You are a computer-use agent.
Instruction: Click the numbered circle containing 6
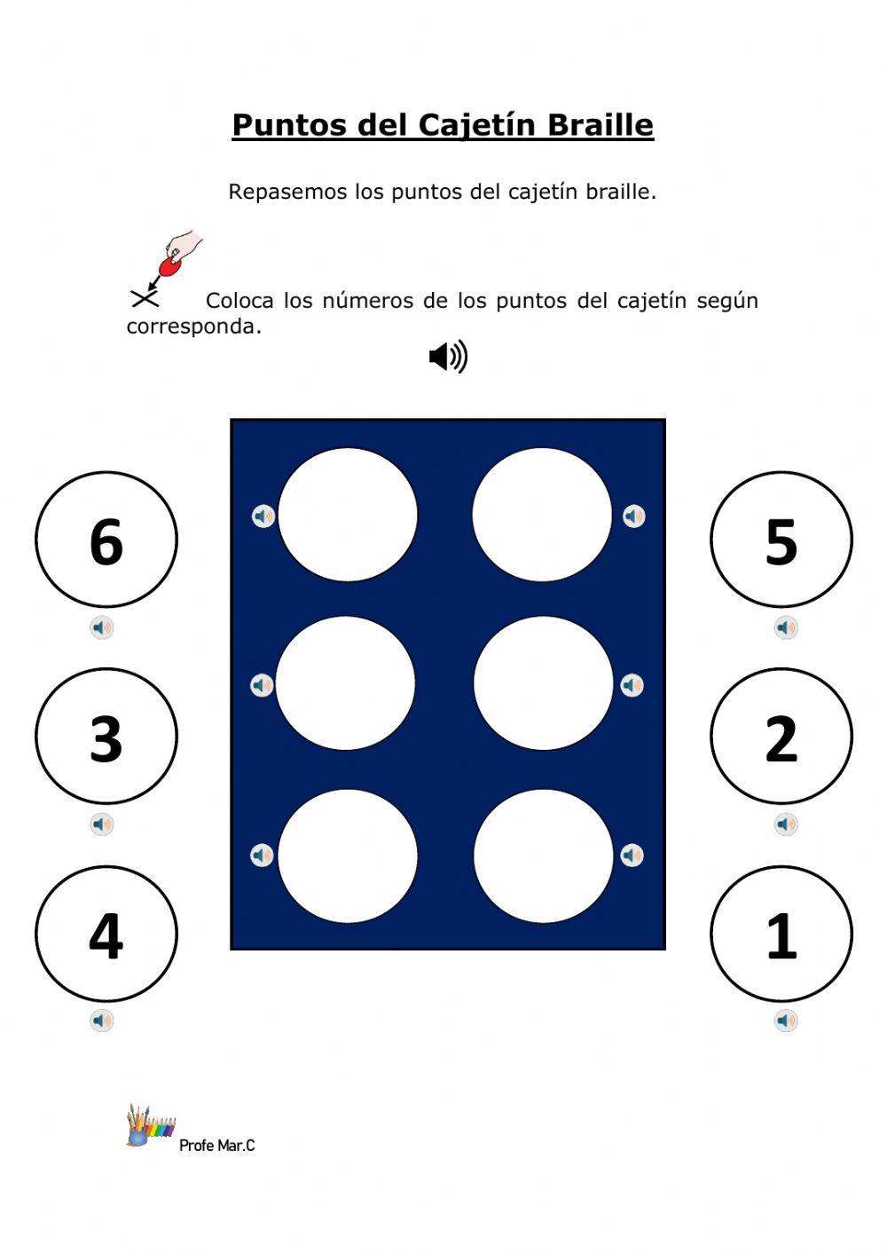pos(106,540)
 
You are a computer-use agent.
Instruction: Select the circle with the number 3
pos(106,737)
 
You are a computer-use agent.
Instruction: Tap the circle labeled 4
pos(106,934)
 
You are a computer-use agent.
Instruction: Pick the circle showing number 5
pos(781,540)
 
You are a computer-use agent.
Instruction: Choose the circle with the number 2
pos(781,737)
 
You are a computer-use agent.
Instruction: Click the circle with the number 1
pos(781,934)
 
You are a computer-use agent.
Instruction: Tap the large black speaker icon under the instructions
pos(448,357)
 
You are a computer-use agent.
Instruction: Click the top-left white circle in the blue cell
pos(347,516)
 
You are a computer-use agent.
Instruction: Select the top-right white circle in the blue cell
pos(542,516)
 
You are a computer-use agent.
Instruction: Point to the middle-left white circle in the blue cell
pos(345,684)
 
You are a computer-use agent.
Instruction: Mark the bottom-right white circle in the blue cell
pos(543,856)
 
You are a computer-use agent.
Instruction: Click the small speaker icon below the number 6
pos(102,628)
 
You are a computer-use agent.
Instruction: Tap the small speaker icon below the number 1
pos(786,1021)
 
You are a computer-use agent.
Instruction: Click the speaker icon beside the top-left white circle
pos(263,516)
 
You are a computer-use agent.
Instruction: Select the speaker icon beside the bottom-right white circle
pos(632,856)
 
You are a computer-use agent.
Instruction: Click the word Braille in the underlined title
pos(600,125)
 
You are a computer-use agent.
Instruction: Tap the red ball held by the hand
pos(169,266)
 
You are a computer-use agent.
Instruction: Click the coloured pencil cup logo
pos(148,1126)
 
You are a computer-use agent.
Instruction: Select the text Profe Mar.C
pos(216,1146)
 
